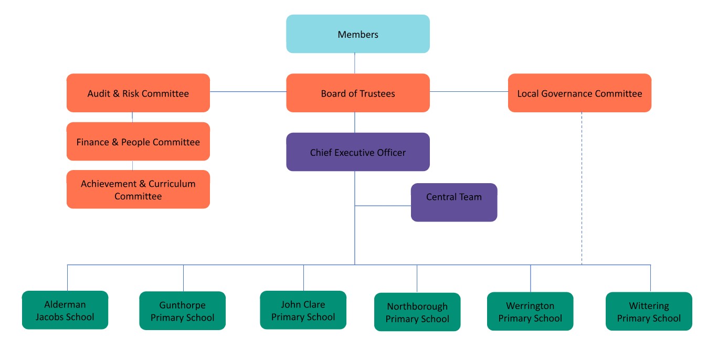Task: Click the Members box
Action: click(357, 34)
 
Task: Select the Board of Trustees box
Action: click(357, 93)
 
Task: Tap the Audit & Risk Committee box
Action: click(138, 93)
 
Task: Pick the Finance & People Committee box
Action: click(138, 142)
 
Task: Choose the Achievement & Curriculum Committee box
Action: click(138, 189)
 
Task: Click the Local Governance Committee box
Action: click(579, 93)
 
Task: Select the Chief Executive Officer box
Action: click(357, 152)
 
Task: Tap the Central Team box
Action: click(453, 202)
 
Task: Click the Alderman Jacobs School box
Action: click(65, 310)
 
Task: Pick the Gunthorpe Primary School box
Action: click(182, 311)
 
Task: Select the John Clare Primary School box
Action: click(303, 310)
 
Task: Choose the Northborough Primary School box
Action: click(417, 312)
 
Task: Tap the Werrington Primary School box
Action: click(530, 311)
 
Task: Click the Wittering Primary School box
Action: click(649, 311)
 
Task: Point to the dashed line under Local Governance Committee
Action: click(582, 189)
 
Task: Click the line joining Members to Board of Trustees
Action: click(355, 63)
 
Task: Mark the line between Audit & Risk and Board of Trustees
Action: click(248, 92)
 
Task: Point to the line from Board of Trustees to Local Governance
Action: click(469, 92)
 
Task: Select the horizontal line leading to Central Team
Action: click(383, 206)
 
